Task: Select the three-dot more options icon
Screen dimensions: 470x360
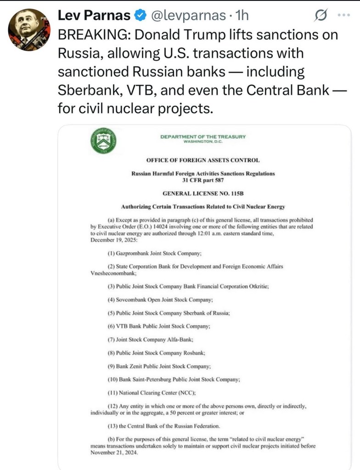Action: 343,15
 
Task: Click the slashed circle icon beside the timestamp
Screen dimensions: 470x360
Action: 320,16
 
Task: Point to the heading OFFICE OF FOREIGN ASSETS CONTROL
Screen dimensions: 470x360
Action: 203,160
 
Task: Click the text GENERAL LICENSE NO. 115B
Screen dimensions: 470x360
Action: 203,193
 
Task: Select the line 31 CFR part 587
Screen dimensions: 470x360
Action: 203,180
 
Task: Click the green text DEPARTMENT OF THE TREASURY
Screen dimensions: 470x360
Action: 203,136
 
